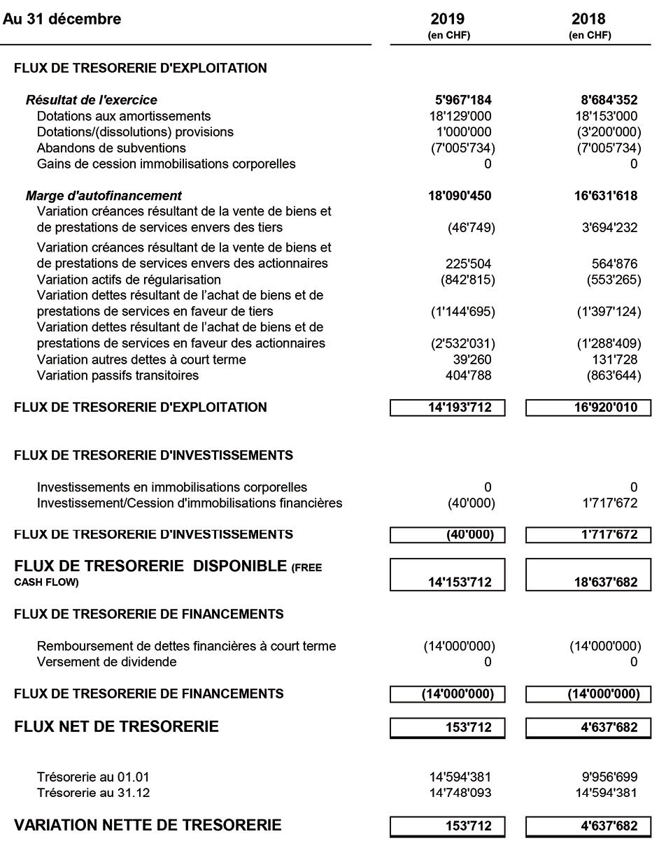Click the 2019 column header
pyautogui.click(x=448, y=19)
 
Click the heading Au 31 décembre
pyautogui.click(x=62, y=19)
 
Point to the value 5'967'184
pyautogui.click(x=460, y=100)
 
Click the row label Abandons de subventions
pyautogui.click(x=111, y=148)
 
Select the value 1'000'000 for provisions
pyautogui.click(x=462, y=132)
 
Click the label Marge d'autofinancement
pyautogui.click(x=104, y=196)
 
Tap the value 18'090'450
pyautogui.click(x=460, y=196)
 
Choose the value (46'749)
pyautogui.click(x=471, y=228)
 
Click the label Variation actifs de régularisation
pyautogui.click(x=129, y=280)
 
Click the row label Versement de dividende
pyautogui.click(x=106, y=662)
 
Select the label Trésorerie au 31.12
pyautogui.click(x=93, y=793)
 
